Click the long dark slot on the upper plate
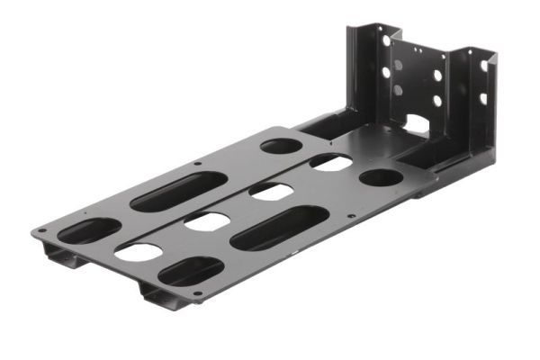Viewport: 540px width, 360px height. coord(178,191)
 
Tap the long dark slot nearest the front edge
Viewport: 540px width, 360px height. coord(279,228)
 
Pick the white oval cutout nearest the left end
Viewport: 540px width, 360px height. coord(139,252)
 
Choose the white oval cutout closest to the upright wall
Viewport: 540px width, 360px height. coord(331,163)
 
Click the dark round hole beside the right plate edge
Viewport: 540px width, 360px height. coord(382,177)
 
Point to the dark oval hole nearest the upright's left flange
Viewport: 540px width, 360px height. coord(281,145)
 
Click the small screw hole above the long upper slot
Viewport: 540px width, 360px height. coord(198,164)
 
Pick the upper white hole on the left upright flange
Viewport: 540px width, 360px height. coord(386,41)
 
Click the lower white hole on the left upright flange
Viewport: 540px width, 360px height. coord(386,71)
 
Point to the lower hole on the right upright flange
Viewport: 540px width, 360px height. coord(483,98)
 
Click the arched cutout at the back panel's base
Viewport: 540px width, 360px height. coord(416,123)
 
